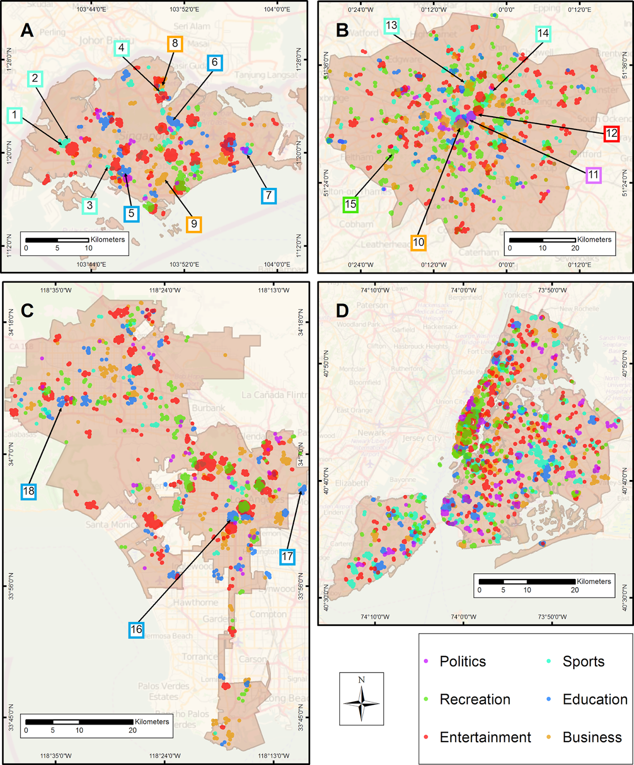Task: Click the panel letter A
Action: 27,31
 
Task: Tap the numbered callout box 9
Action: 193,224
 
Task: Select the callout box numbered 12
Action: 612,133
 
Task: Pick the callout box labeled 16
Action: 137,629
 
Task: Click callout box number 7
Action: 269,195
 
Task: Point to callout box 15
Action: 351,204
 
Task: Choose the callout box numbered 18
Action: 29,491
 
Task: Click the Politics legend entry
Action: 462,661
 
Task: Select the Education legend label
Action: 594,699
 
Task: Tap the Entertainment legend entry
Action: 484,737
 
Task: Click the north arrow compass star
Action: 361,702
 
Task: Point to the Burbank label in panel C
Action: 208,408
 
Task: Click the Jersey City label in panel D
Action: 421,438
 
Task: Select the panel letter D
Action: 343,310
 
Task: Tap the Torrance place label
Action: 200,656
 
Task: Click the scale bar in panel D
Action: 527,582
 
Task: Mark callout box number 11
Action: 593,175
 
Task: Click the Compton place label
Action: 268,614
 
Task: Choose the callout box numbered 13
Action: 391,25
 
